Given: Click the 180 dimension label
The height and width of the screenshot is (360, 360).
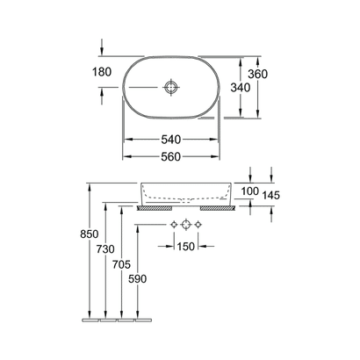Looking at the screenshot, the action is [102, 72].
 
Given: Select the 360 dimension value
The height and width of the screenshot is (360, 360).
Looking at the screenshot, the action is [257, 74].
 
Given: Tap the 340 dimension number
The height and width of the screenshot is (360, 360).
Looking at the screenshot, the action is [241, 88].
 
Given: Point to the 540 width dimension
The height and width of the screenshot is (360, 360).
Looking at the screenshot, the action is [171, 140].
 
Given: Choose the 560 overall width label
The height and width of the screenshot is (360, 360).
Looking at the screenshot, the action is [171, 157].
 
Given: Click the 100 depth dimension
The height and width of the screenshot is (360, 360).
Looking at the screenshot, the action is [250, 191].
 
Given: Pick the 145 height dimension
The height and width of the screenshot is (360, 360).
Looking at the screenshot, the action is [271, 195].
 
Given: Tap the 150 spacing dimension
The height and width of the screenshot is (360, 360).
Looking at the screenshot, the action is [185, 247].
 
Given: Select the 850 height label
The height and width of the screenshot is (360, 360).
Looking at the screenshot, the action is [90, 234].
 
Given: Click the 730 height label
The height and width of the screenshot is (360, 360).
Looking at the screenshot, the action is [105, 249].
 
